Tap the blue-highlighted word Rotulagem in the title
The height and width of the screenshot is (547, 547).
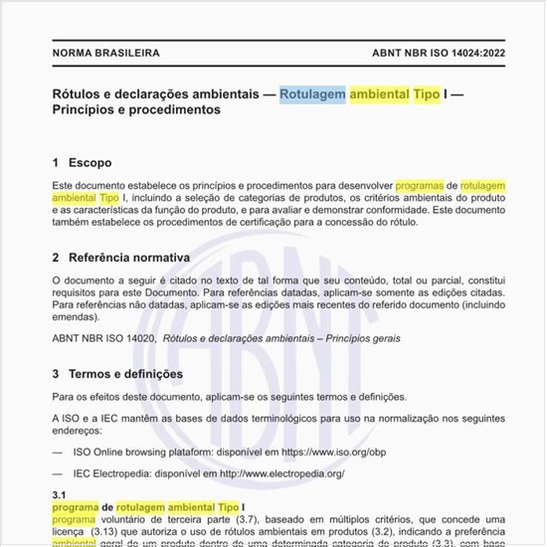(x=312, y=94)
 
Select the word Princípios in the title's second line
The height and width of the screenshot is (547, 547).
(x=88, y=110)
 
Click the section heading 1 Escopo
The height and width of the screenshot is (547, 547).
(x=82, y=162)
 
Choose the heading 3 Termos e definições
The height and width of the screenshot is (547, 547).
(x=117, y=374)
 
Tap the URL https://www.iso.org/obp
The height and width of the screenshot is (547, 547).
(x=333, y=452)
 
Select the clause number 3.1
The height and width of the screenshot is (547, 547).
(x=59, y=494)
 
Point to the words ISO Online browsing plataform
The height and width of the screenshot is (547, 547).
(x=142, y=452)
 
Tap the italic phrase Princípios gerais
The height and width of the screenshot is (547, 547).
(x=363, y=338)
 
